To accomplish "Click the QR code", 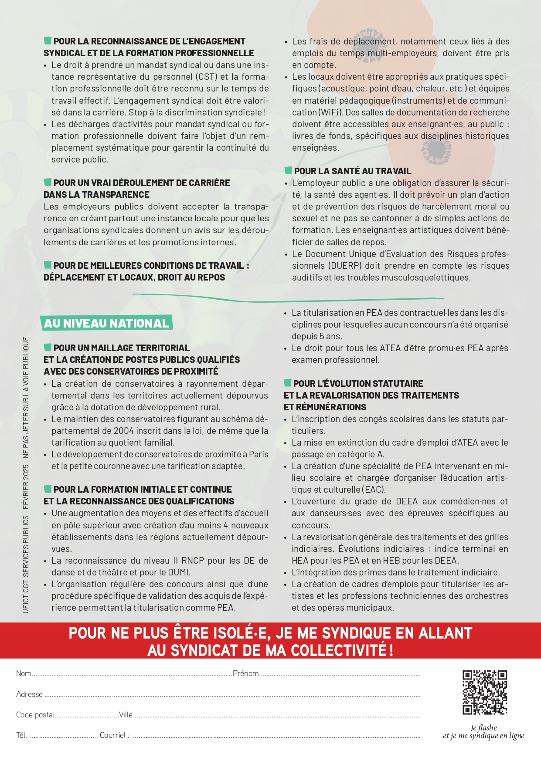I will pyautogui.click(x=485, y=692).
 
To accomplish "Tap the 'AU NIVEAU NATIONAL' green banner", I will pyautogui.click(x=106, y=323).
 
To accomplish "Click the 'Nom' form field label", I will pyautogui.click(x=24, y=673).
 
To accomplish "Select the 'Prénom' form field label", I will pyautogui.click(x=245, y=673).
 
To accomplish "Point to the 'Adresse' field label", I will pyautogui.click(x=29, y=694).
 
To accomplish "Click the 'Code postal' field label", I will pyautogui.click(x=35, y=715).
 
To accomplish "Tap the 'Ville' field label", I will pyautogui.click(x=126, y=715).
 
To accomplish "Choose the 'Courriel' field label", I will pyautogui.click(x=114, y=735).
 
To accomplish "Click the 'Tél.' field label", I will pyautogui.click(x=21, y=735).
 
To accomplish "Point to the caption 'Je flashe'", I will pyautogui.click(x=483, y=727).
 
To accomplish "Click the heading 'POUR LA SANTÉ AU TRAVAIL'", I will pyautogui.click(x=352, y=171).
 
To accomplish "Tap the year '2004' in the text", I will pyautogui.click(x=124, y=431).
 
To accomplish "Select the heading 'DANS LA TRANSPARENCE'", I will pyautogui.click(x=96, y=195).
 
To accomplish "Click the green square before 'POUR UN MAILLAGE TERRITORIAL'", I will pyautogui.click(x=48, y=347).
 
